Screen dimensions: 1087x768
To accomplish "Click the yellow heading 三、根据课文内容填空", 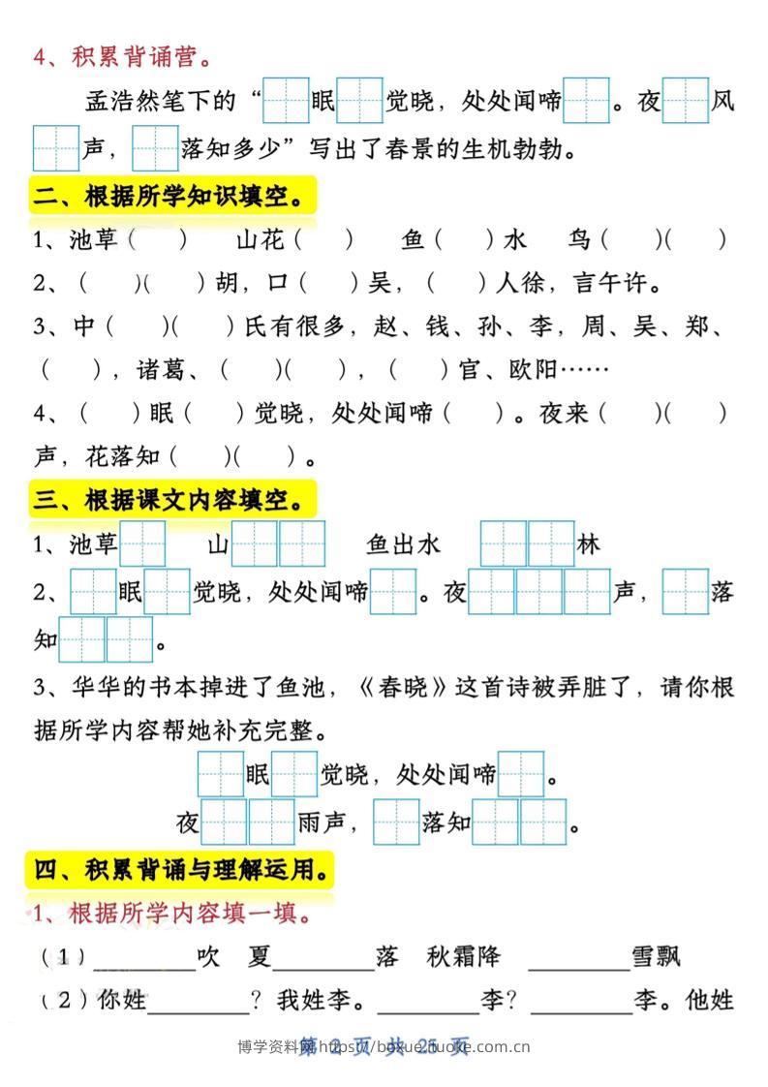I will (x=174, y=501).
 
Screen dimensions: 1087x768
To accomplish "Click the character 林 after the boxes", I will (x=588, y=544).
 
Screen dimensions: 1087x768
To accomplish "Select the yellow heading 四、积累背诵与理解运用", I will (x=181, y=870).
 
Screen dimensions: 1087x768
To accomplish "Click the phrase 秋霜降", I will (x=463, y=957).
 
